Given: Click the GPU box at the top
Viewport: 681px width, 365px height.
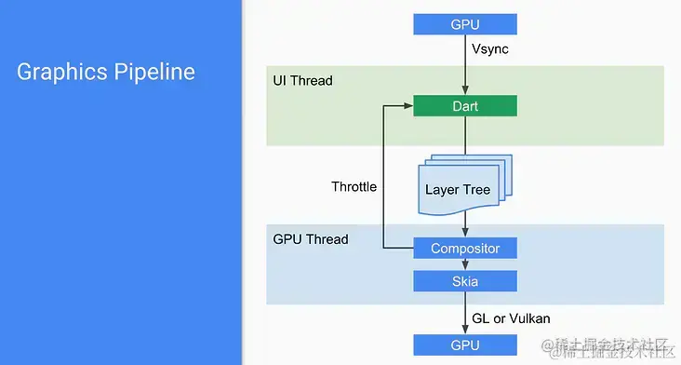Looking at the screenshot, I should click(465, 23).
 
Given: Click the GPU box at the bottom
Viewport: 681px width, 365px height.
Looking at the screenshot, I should click(465, 345).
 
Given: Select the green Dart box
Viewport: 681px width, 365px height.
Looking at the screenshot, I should click(465, 106).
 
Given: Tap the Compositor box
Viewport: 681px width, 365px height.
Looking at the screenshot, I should click(465, 249).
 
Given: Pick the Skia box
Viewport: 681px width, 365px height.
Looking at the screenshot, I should click(465, 281).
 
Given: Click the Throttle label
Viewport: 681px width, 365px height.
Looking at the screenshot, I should click(354, 187).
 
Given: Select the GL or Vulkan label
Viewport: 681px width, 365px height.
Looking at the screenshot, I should click(511, 318).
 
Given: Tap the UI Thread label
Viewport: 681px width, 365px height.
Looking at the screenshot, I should click(302, 81).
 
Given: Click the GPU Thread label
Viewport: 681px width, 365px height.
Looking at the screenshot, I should click(311, 239).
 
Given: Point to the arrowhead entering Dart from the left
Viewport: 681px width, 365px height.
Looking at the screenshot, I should click(408, 106).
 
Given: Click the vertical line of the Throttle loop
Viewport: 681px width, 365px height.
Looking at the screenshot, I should click(383, 177).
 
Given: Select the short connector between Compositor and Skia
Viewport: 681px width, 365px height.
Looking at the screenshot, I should click(465, 264).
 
